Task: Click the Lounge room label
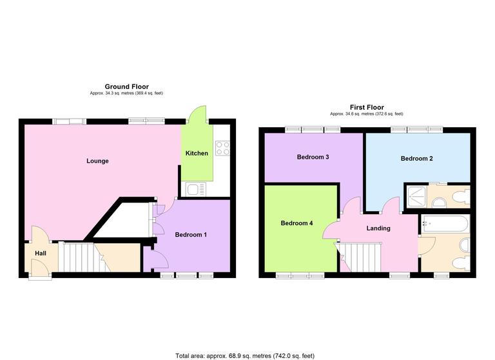point(98,161)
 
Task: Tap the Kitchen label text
point(197,154)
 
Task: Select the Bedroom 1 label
point(191,234)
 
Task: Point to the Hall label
point(41,254)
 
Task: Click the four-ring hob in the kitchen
point(222,148)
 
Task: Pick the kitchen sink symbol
point(195,188)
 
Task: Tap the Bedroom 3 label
point(313,157)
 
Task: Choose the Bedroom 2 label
point(416,158)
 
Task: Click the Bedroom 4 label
point(297,223)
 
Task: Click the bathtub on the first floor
point(445,225)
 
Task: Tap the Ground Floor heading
point(127,86)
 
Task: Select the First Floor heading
point(366,107)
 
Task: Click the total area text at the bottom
point(244,355)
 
